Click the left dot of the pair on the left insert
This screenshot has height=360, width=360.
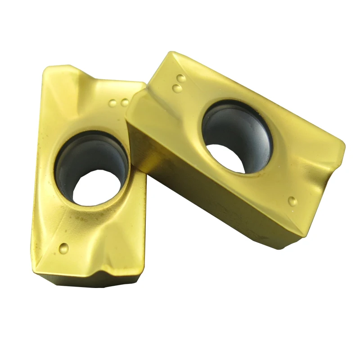(x=112, y=103)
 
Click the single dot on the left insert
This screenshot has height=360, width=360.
(x=64, y=247)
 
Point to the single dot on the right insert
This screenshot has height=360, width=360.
(x=292, y=201)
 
